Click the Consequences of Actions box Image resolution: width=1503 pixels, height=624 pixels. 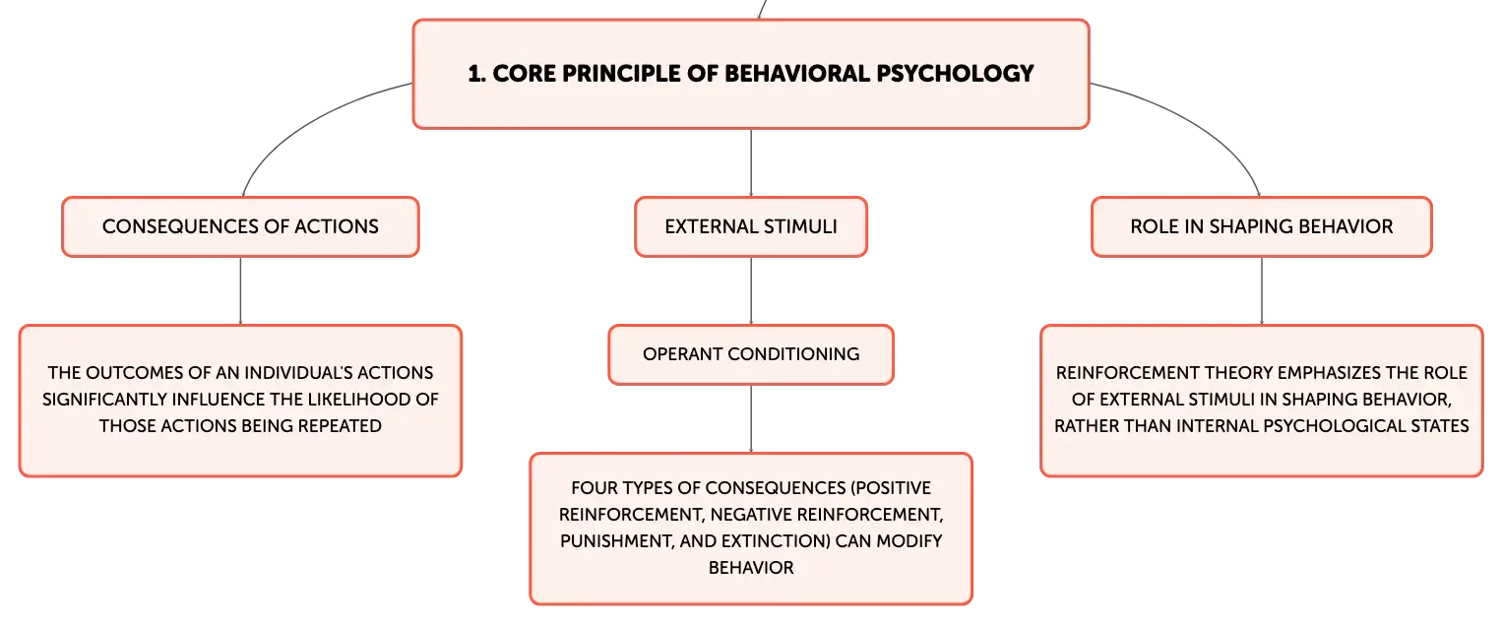click(240, 226)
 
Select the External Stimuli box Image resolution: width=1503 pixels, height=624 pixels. click(751, 226)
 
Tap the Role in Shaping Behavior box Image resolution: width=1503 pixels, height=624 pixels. click(1262, 226)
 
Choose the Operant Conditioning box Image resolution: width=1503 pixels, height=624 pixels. click(751, 354)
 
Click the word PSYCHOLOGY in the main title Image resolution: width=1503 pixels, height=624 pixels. click(955, 73)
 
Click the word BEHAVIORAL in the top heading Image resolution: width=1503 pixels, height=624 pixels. click(797, 73)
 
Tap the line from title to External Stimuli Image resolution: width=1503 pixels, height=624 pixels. click(751, 162)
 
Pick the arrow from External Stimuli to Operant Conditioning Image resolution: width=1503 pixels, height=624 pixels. click(751, 290)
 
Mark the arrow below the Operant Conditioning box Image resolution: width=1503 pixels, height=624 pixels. click(751, 418)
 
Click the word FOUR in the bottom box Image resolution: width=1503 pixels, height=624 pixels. click(591, 488)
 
